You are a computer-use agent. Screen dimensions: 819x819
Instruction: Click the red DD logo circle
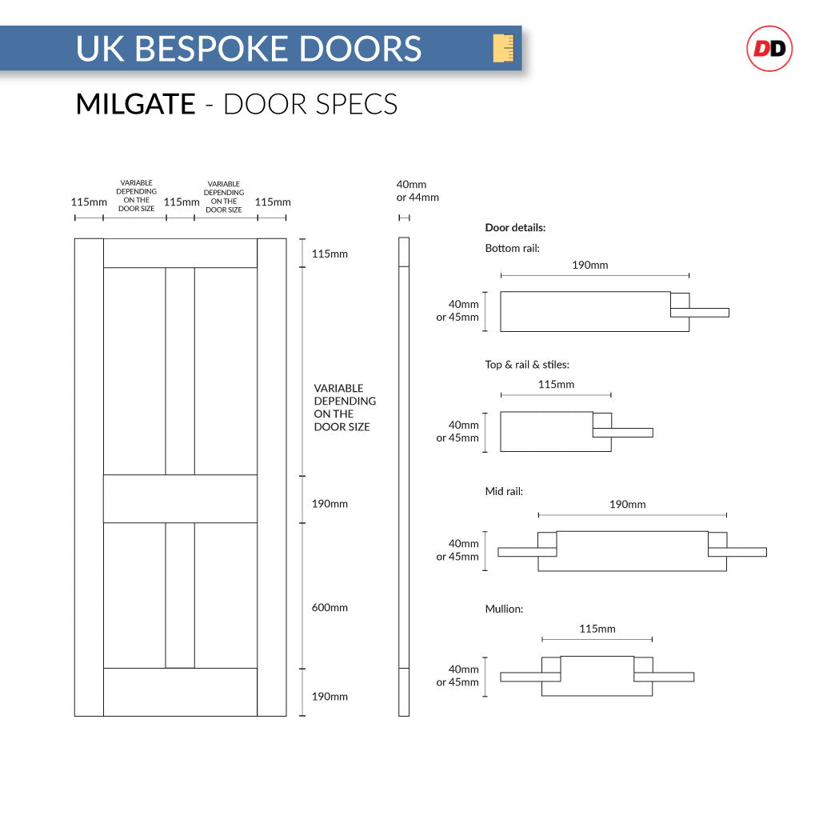(x=769, y=49)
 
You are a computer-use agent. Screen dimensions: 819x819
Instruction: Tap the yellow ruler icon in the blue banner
(x=503, y=48)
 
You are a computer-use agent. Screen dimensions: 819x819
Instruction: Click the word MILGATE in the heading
(x=135, y=104)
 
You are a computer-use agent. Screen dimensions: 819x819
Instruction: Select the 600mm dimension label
(x=330, y=608)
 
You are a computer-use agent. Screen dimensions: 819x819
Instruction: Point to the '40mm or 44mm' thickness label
(x=417, y=191)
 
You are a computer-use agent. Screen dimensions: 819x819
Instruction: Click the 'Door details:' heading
(x=515, y=228)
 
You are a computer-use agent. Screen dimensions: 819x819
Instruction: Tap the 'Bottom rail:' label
(x=512, y=249)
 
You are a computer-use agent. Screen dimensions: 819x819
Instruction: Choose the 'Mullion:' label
(x=504, y=609)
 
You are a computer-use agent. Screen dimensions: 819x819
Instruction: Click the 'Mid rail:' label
(x=504, y=492)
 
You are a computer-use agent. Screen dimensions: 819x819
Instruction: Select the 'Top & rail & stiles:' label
(x=527, y=365)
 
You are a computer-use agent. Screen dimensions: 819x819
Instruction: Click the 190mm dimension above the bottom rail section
(x=590, y=265)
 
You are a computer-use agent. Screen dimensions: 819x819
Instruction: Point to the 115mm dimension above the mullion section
(x=597, y=629)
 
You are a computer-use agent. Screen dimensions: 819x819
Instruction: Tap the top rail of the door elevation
(x=180, y=253)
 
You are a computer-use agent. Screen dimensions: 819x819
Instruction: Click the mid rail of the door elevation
(x=180, y=499)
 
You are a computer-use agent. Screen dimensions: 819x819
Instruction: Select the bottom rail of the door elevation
(x=180, y=692)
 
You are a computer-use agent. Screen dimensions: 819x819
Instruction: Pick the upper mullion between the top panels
(x=180, y=371)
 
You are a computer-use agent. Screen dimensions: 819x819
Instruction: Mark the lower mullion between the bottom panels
(x=180, y=595)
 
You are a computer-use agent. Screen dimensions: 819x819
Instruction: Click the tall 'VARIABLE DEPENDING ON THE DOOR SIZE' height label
(x=344, y=408)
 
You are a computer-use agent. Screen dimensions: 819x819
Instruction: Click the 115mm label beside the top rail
(x=330, y=254)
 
